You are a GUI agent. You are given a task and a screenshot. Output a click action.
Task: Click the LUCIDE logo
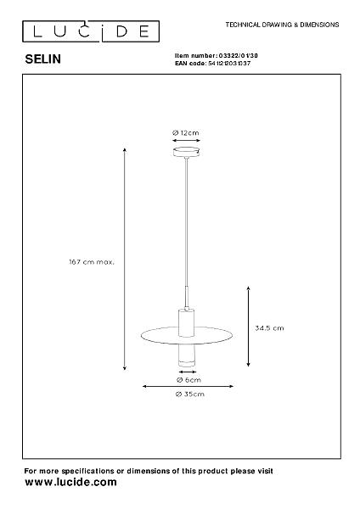pos(91,31)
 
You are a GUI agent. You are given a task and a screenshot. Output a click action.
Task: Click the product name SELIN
pos(43,59)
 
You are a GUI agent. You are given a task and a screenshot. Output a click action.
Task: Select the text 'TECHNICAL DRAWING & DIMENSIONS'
pos(282,25)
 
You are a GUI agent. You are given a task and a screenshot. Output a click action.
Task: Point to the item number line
pos(217,56)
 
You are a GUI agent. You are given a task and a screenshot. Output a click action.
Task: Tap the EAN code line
pos(212,64)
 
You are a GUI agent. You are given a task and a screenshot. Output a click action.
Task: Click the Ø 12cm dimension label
pos(186,133)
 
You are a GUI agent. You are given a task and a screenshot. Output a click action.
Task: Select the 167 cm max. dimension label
pos(92,261)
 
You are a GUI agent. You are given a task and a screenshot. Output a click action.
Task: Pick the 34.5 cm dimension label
pos(269,327)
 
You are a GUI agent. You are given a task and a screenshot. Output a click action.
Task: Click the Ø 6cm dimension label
pos(188,380)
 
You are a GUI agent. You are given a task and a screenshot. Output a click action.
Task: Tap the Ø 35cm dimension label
pos(189,394)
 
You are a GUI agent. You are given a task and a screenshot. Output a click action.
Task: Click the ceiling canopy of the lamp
pos(186,152)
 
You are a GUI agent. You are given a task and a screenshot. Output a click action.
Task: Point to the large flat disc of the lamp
pos(187,335)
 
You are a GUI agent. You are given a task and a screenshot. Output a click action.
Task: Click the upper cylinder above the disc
pos(186,322)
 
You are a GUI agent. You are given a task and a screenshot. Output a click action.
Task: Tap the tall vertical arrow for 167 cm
pos(125,259)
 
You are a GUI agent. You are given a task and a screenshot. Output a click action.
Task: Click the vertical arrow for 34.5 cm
pos(248,327)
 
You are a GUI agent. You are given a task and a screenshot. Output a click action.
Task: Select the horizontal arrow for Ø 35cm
pos(188,386)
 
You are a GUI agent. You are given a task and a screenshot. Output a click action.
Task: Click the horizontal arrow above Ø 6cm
pos(188,372)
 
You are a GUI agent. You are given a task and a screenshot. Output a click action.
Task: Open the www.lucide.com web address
pos(70,482)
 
